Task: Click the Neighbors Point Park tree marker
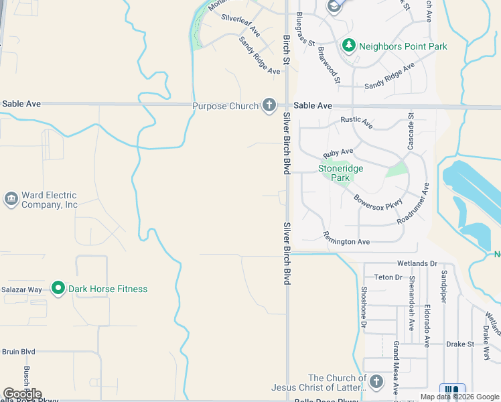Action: click(x=348, y=46)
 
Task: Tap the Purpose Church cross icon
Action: click(x=269, y=105)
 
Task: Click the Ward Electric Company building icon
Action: click(x=11, y=199)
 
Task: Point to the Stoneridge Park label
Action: click(x=340, y=173)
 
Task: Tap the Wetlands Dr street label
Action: click(x=417, y=264)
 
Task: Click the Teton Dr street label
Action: click(x=388, y=277)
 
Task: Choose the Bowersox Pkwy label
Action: click(x=378, y=196)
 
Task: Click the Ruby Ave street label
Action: click(x=338, y=153)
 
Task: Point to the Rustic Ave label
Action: click(x=356, y=122)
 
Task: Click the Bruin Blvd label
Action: click(x=18, y=351)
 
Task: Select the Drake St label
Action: click(x=460, y=344)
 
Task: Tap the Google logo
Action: click(x=22, y=394)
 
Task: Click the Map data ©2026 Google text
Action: click(x=459, y=397)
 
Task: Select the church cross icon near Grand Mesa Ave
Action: click(x=376, y=382)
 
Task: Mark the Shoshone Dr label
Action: click(x=364, y=308)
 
